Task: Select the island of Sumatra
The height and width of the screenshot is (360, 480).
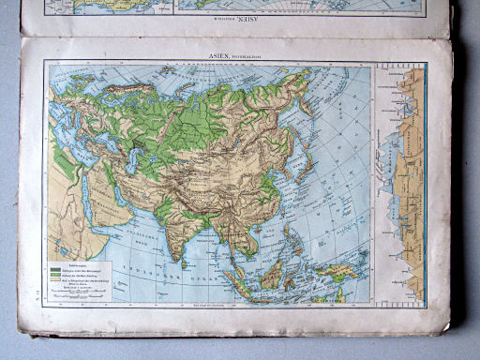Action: pos(238,277)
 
